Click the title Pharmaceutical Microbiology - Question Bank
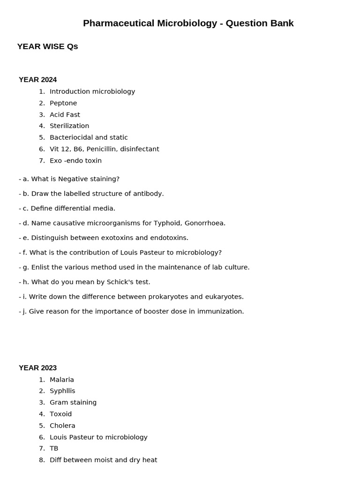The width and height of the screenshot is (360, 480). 188,23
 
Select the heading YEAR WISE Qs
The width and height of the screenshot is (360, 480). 47,46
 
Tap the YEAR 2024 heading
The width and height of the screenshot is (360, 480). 37,80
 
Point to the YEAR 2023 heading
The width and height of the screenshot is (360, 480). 37,368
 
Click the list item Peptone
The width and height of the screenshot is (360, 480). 63,103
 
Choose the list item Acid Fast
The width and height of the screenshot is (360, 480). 65,115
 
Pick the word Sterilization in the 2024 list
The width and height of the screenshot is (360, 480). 69,126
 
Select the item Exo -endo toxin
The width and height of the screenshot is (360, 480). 75,161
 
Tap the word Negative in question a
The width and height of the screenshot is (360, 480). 73,179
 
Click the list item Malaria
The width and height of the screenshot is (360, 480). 62,380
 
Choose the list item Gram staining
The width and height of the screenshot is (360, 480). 73,403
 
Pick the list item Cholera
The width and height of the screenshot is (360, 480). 62,426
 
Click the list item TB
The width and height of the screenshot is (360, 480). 54,449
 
